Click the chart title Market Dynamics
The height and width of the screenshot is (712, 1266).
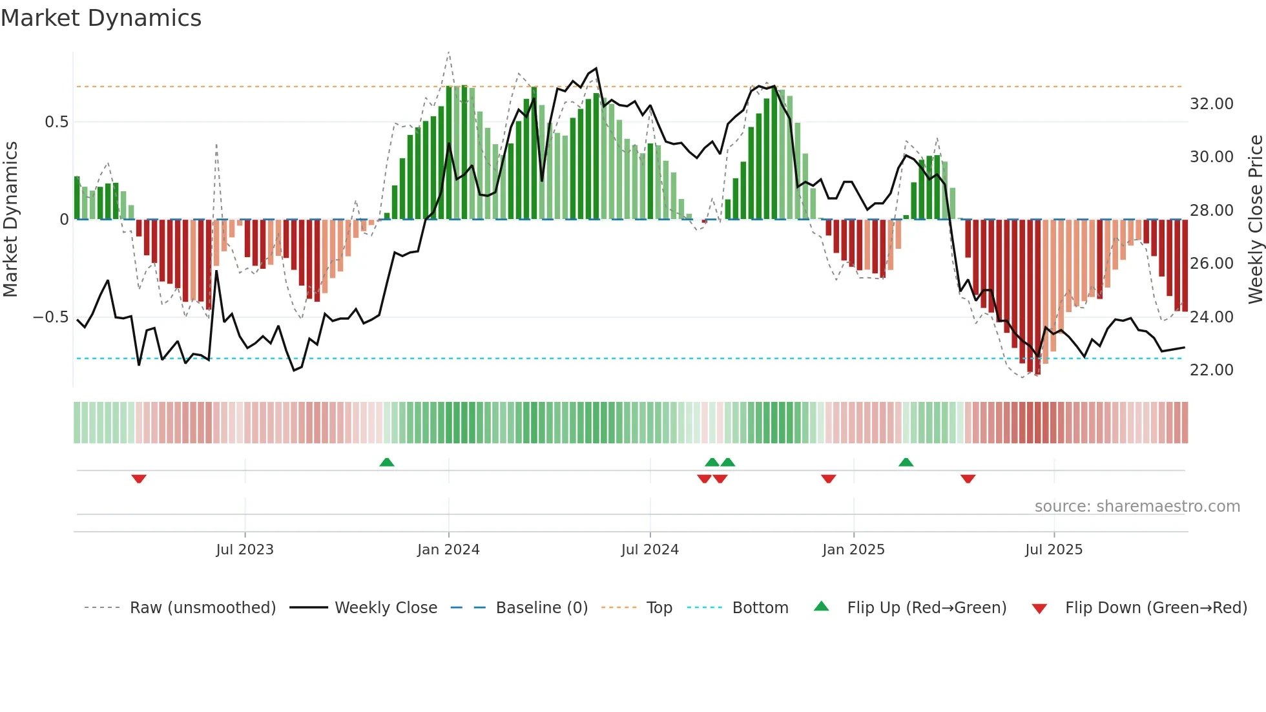coord(101,17)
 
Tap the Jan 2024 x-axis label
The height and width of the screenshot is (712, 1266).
coord(448,550)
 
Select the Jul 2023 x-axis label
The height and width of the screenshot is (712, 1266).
coord(245,550)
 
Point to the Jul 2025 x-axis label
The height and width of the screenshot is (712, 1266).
coord(1053,550)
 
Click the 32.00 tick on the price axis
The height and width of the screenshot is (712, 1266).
coord(1211,104)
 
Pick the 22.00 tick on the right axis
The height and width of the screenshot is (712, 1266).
coord(1211,370)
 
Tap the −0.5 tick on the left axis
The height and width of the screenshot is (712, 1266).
coord(50,317)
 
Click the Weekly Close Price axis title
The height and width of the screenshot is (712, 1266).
coord(1255,220)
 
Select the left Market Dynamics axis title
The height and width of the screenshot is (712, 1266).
coord(10,220)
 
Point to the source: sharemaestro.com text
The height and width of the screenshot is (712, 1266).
coord(1137,507)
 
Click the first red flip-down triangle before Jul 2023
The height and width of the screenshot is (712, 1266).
coord(139,479)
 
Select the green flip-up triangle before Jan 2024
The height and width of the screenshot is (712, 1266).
coord(386,462)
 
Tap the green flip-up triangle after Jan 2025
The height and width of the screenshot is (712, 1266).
coord(906,462)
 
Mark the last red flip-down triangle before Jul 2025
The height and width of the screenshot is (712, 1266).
coord(968,479)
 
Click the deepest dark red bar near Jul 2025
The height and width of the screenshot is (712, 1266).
coord(1037,297)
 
